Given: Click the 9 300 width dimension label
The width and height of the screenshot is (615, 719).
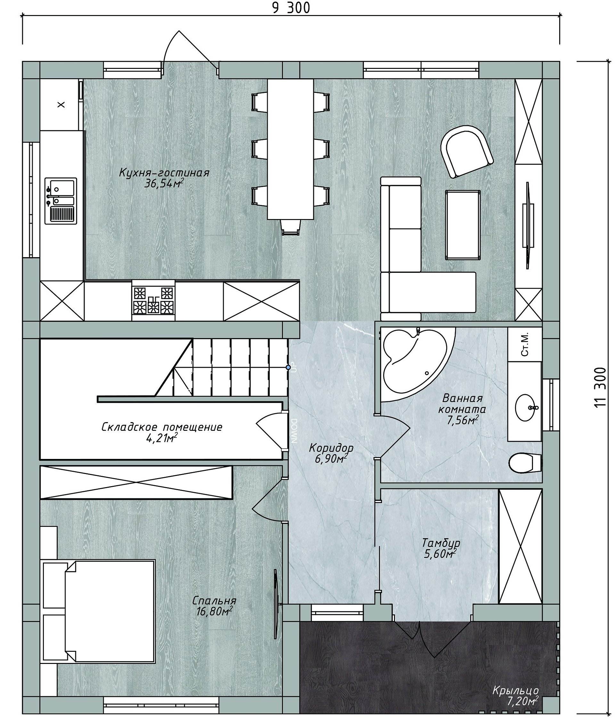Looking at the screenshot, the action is [291, 8].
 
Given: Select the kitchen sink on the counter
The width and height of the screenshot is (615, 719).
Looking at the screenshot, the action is [61, 201].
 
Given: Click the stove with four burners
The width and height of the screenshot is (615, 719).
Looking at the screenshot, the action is [153, 300].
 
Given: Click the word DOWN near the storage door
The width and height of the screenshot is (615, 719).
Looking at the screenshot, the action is [294, 431].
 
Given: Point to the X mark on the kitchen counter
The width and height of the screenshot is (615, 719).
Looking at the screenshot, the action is [61, 104].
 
